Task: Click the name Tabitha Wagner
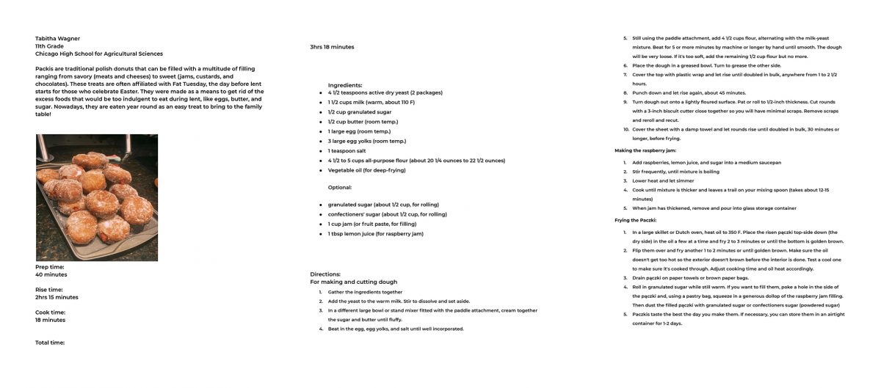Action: click(x=57, y=38)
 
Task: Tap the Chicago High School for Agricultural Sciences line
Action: click(x=99, y=54)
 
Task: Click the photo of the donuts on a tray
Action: click(x=97, y=197)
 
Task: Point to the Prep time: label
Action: click(x=50, y=267)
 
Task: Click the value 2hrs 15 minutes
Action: click(x=57, y=297)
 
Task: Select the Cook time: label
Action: click(x=51, y=312)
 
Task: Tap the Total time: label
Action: click(x=50, y=343)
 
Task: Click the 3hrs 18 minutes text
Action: click(x=332, y=47)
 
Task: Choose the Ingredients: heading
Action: click(x=345, y=85)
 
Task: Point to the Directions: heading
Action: click(x=325, y=274)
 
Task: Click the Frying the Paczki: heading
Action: click(x=636, y=220)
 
